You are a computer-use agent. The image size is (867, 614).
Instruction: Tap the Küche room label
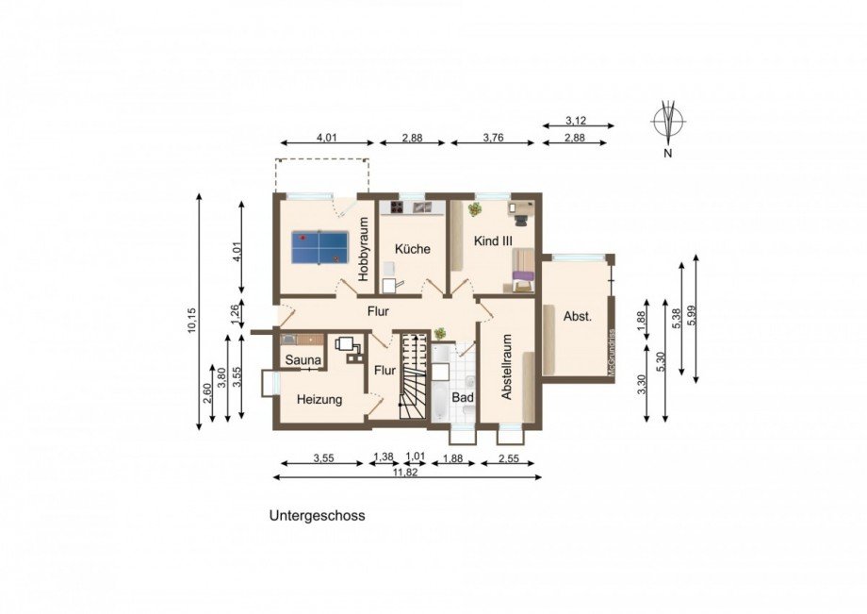413,249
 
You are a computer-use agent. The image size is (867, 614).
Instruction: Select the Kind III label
493,241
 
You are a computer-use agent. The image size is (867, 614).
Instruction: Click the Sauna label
303,360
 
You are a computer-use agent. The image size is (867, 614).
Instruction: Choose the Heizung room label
319,400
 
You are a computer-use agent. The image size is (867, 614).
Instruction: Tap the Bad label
462,398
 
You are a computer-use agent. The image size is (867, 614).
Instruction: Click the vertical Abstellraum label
506,368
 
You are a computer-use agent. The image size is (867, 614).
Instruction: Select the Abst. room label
577,317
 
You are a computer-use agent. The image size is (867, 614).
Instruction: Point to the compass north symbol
668,124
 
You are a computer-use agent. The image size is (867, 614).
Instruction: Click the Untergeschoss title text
317,516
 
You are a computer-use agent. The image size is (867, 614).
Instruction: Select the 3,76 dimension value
494,138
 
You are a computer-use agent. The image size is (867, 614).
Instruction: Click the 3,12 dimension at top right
577,120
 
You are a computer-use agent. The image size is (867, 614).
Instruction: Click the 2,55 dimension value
507,457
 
